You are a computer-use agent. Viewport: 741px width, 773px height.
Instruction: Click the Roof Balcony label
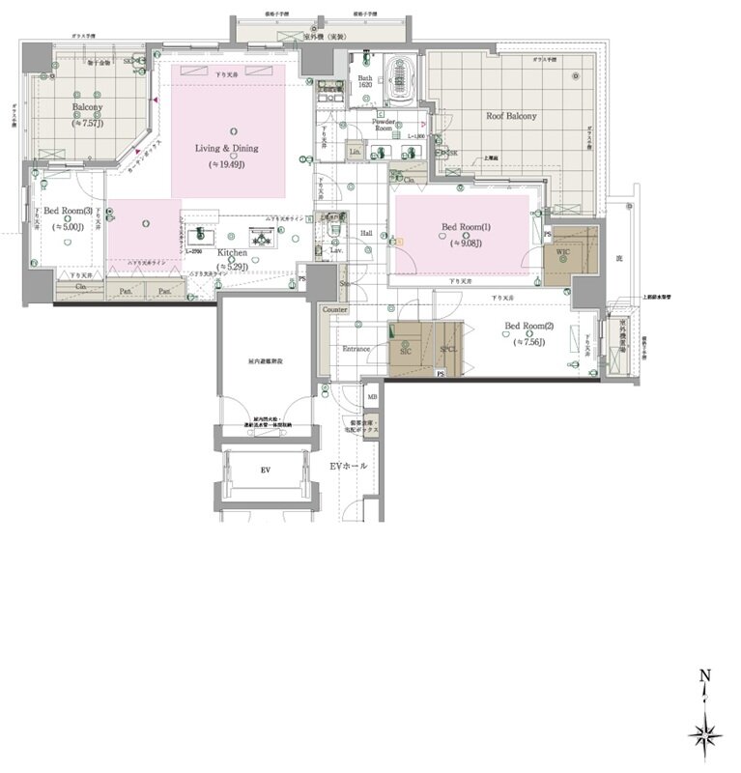point(511,116)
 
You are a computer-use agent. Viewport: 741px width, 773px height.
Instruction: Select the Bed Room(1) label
point(467,227)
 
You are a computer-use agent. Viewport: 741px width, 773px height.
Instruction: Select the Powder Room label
point(383,125)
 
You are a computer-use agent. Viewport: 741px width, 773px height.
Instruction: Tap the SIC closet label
point(407,353)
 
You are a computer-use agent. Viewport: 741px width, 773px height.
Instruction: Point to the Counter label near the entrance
point(334,309)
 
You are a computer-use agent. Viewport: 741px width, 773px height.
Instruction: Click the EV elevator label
point(265,470)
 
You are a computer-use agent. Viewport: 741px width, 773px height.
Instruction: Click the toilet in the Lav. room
point(333,232)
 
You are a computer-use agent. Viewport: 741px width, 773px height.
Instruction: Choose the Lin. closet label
point(354,153)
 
